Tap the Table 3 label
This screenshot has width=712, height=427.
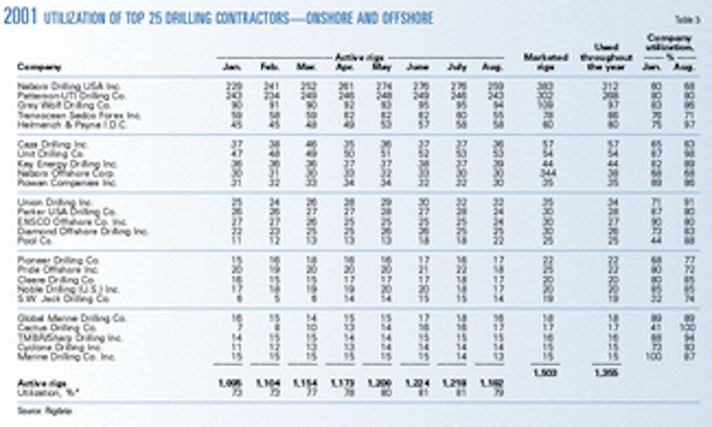(687, 20)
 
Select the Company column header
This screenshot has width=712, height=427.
(39, 67)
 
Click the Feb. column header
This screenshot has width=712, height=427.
(270, 67)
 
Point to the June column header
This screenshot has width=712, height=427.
(417, 67)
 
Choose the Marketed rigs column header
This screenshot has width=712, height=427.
(545, 62)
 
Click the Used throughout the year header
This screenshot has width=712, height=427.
(606, 57)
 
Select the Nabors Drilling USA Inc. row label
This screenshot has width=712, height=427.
(69, 86)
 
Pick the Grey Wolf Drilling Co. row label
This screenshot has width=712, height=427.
(64, 105)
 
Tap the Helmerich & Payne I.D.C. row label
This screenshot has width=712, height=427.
(72, 125)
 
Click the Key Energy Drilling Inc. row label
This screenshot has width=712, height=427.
(67, 164)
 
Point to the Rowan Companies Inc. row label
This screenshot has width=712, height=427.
(67, 183)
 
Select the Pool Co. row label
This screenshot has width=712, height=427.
(35, 241)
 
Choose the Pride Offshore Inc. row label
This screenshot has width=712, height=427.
(58, 270)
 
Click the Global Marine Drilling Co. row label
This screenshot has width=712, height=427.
(72, 318)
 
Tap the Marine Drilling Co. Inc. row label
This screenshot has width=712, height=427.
(66, 357)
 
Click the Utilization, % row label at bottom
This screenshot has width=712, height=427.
(49, 392)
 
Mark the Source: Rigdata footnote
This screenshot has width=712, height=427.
(44, 411)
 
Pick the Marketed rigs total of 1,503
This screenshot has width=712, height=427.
(545, 373)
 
